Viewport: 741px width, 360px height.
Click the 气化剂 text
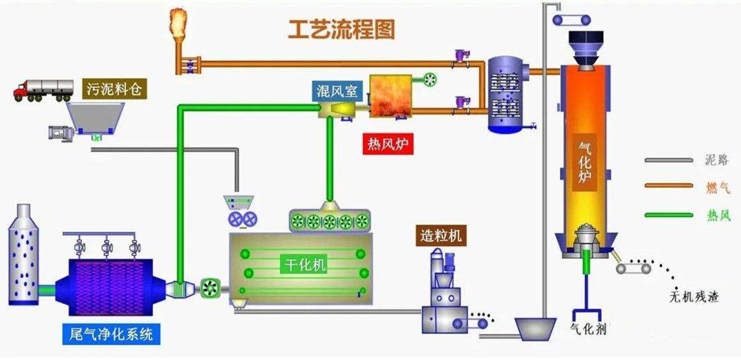[x=588, y=330]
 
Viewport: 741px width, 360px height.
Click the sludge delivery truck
[x=44, y=90]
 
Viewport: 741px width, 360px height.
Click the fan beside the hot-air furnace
[x=429, y=81]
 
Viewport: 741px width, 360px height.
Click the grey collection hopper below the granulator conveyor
[x=536, y=327]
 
